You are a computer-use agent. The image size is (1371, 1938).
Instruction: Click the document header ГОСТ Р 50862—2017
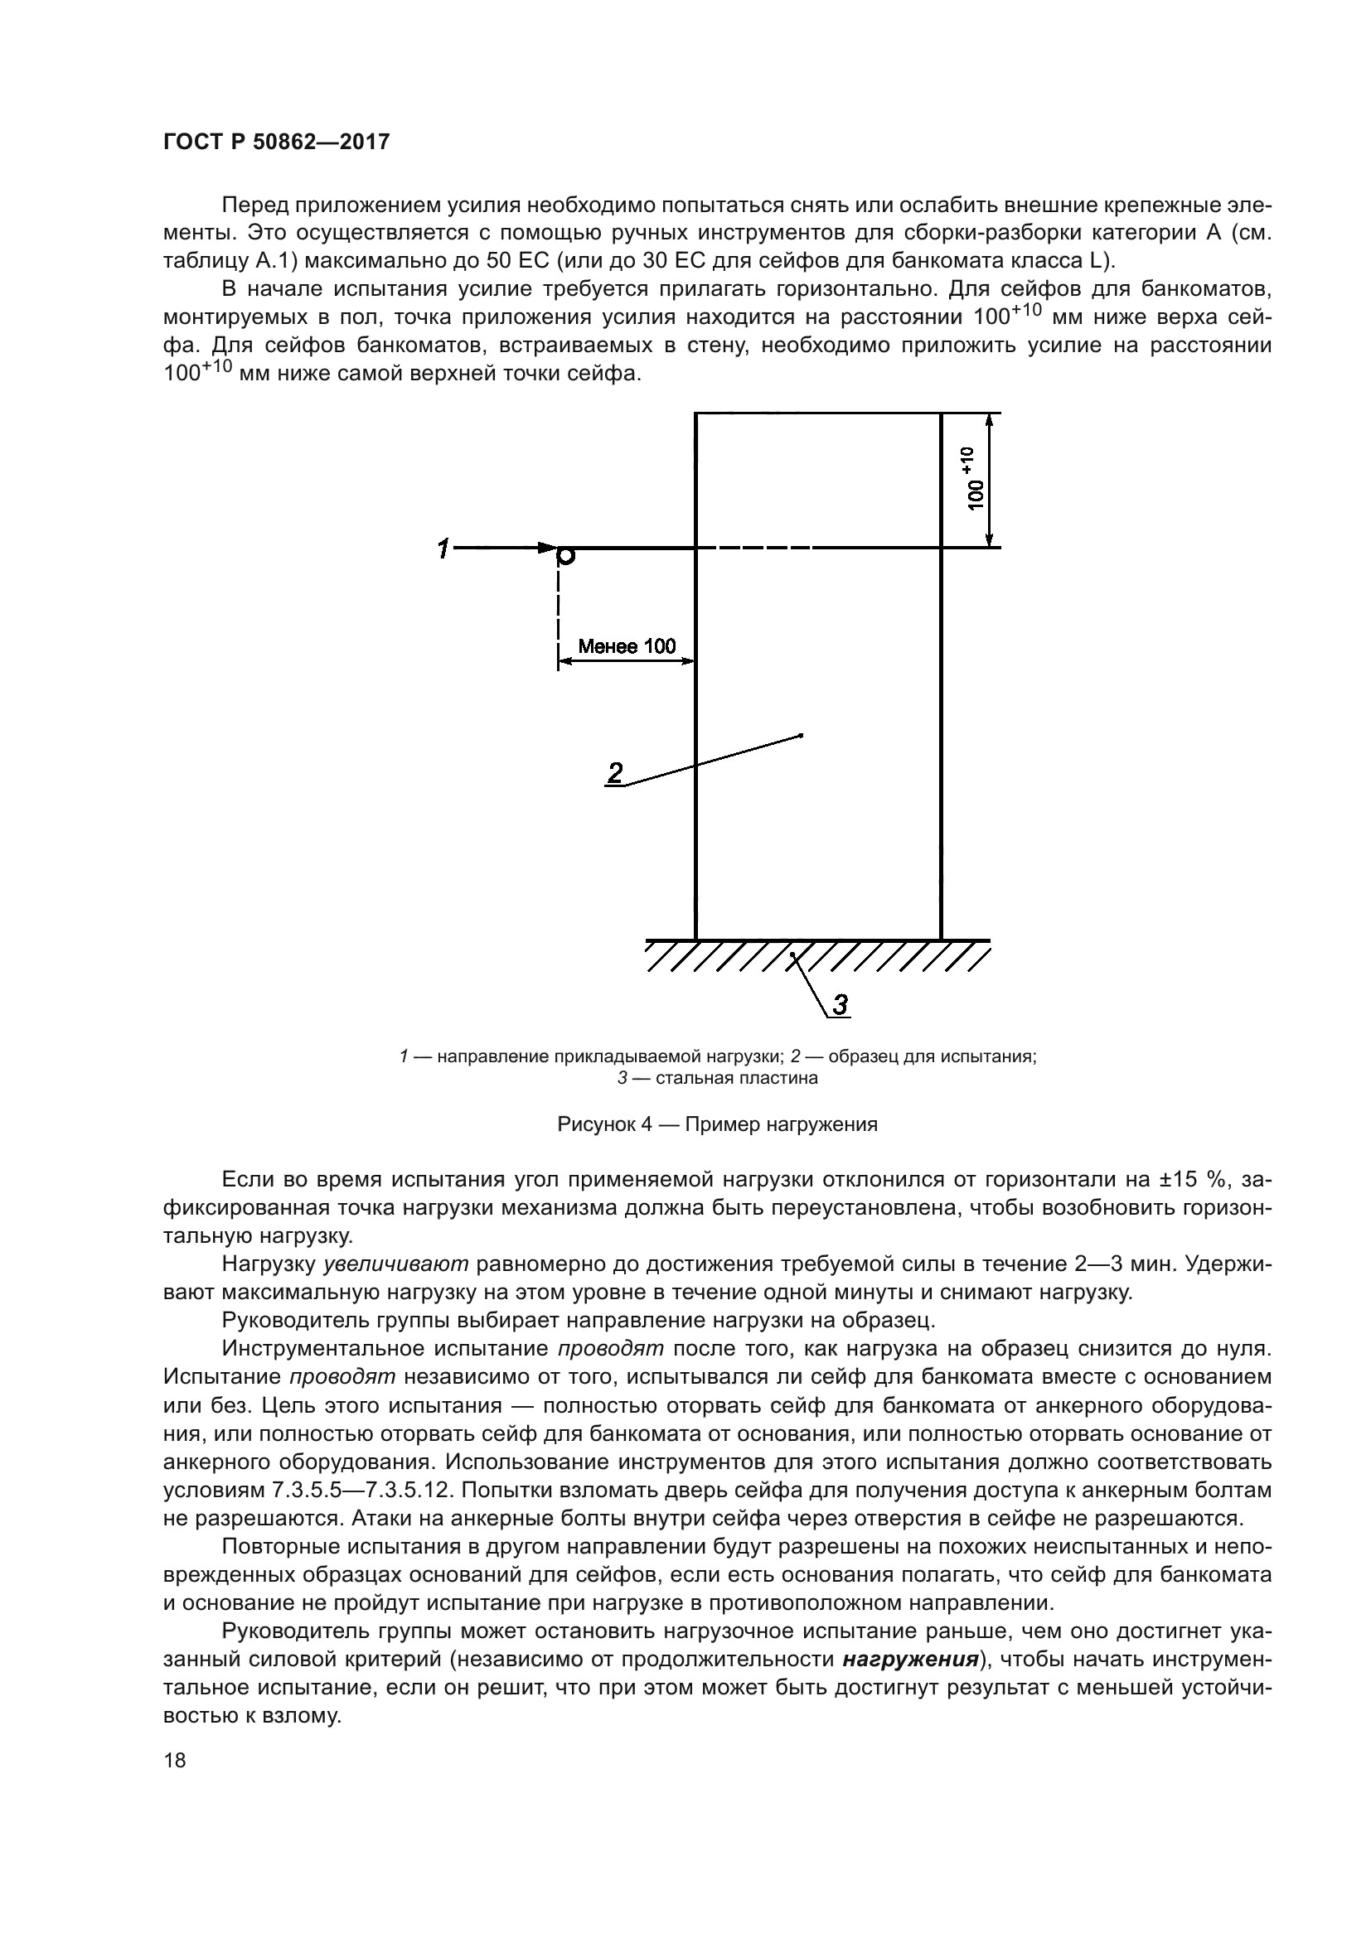(276, 142)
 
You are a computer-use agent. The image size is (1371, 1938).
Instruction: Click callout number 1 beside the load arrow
(443, 549)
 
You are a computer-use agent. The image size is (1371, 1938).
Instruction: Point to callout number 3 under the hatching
(841, 1004)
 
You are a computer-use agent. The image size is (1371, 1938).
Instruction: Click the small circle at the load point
(566, 555)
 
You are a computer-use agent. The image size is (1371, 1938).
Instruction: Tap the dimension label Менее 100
(627, 646)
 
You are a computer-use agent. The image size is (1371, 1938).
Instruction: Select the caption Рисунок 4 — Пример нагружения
(717, 1124)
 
